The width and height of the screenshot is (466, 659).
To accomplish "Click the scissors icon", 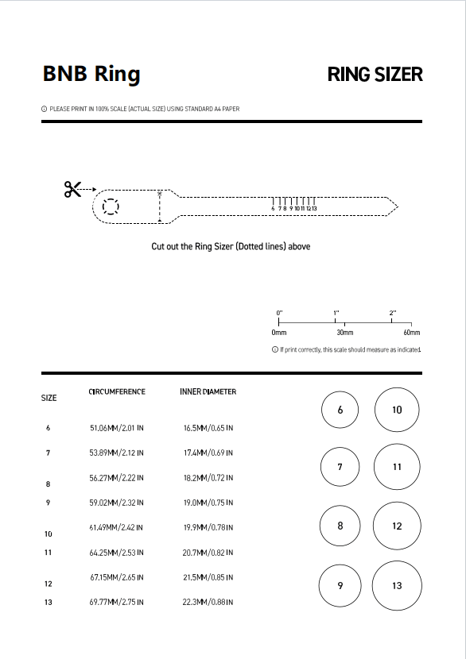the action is coord(72,189).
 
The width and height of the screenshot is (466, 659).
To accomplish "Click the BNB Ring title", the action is coord(91,74).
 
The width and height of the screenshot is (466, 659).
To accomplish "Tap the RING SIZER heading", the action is coord(375,75).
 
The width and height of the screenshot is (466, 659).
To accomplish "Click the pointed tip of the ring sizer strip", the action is coord(398,206).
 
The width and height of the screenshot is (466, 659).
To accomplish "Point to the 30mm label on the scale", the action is coord(345,333).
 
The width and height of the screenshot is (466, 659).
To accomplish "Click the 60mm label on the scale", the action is coord(412,333).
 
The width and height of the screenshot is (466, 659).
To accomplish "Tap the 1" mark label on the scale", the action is coord(336,313).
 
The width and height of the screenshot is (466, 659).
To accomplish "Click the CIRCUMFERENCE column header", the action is coord(117,391).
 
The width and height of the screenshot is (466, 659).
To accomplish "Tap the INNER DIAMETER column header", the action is coord(208,391).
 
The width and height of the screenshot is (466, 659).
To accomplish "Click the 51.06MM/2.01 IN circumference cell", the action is coord(117,428).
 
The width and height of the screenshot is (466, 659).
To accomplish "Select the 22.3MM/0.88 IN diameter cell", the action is coord(208,602).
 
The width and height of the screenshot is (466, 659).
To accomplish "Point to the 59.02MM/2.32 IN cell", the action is coord(117,503).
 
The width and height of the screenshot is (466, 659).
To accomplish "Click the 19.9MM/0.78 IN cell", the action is coord(208,527).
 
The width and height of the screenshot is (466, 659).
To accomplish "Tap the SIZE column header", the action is coord(49,398).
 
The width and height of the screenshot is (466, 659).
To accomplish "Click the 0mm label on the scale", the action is coord(279,333).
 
